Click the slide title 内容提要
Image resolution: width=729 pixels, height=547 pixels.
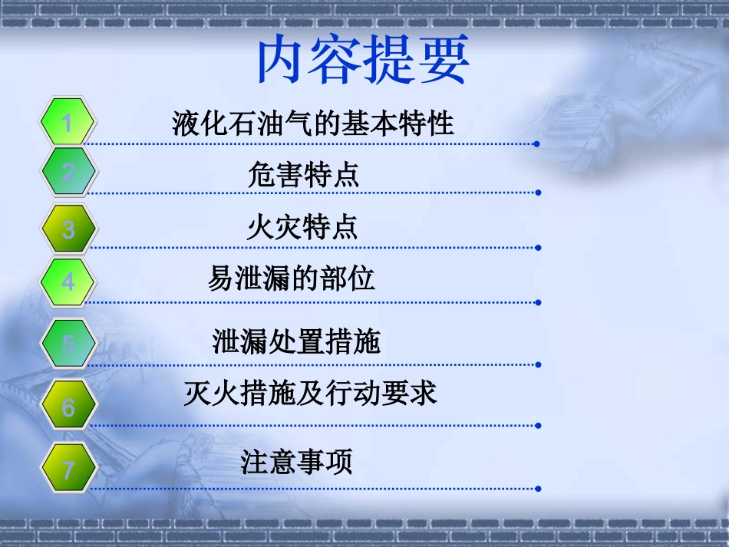pyautogui.click(x=361, y=62)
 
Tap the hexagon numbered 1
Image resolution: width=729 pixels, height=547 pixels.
pyautogui.click(x=68, y=122)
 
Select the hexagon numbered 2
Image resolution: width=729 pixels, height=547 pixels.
pyautogui.click(x=68, y=173)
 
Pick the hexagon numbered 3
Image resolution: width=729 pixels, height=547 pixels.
pyautogui.click(x=68, y=229)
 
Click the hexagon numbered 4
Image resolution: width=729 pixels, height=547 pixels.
pyautogui.click(x=68, y=282)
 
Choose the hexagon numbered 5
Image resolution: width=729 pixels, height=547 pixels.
pyautogui.click(x=68, y=343)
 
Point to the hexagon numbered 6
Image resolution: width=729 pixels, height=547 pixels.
pyautogui.click(x=68, y=407)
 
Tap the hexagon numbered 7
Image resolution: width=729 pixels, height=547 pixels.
pyautogui.click(x=68, y=469)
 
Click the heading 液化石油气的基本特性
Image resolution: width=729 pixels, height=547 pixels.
pyautogui.click(x=313, y=123)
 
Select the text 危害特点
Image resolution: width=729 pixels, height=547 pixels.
pyautogui.click(x=303, y=175)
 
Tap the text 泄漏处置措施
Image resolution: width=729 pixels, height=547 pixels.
pyautogui.click(x=296, y=341)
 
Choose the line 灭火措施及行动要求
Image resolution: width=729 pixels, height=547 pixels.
pyautogui.click(x=310, y=394)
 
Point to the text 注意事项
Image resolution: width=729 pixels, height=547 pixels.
pyautogui.click(x=296, y=462)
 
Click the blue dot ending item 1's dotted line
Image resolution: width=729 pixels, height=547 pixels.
pyautogui.click(x=537, y=143)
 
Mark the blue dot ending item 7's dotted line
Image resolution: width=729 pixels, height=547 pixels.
pyautogui.click(x=538, y=489)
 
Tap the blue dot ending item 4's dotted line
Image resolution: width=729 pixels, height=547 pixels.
pyautogui.click(x=538, y=302)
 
